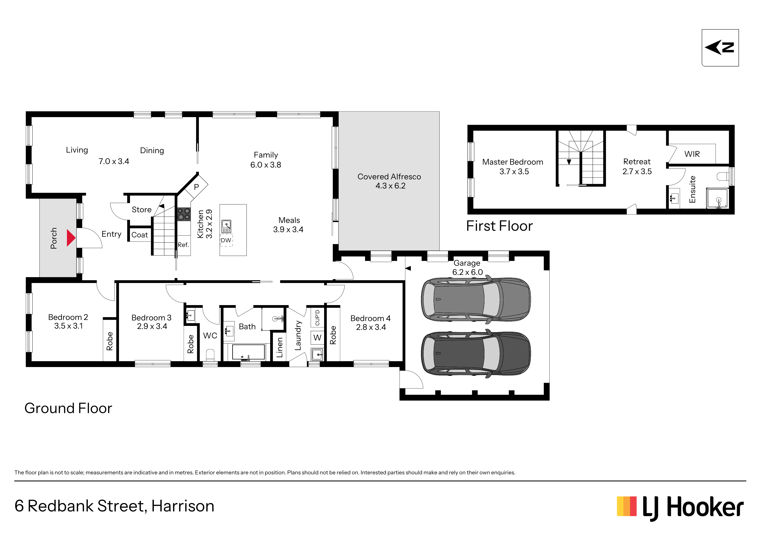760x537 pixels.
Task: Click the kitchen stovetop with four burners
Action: pyautogui.click(x=184, y=214)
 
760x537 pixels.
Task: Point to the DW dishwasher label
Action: pyautogui.click(x=226, y=240)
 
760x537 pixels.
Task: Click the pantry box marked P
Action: pyautogui.click(x=196, y=187)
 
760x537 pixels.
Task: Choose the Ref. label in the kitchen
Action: pyautogui.click(x=183, y=245)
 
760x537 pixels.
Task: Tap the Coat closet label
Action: pyautogui.click(x=140, y=235)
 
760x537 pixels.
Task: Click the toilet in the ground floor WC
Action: pyautogui.click(x=210, y=355)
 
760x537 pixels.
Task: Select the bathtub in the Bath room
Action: pyautogui.click(x=248, y=352)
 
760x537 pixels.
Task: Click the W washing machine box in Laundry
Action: pyautogui.click(x=317, y=338)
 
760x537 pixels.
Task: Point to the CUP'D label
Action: pyautogui.click(x=317, y=318)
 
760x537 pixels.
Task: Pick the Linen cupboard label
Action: pyautogui.click(x=280, y=347)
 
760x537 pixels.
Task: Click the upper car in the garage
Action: pyautogui.click(x=476, y=299)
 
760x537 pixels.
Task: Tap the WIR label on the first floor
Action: pyautogui.click(x=692, y=154)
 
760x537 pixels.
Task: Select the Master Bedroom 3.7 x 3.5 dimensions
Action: pyautogui.click(x=514, y=171)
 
